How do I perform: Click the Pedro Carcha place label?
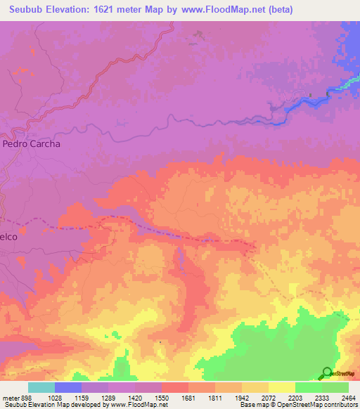pos(32,143)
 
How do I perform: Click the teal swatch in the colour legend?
pos(41,387)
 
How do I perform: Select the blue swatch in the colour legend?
pos(68,387)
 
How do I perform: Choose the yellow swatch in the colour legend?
pos(282,387)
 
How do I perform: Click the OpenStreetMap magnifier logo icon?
pos(328,372)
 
